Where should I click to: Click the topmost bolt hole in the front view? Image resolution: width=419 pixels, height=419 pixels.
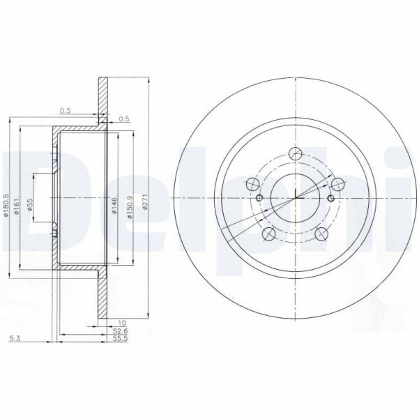296,154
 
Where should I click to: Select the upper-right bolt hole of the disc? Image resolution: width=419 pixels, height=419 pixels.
338,184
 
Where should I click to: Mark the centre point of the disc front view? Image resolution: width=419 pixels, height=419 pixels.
296,198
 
